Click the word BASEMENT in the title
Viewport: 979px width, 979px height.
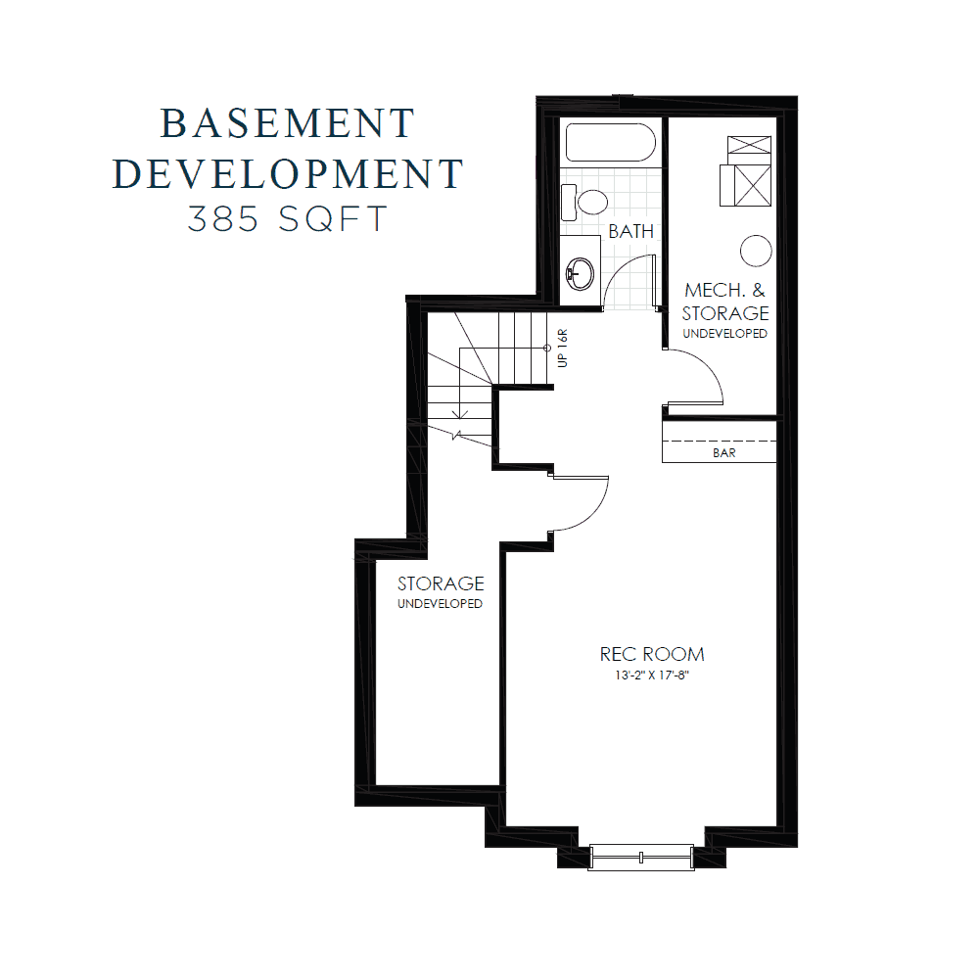[x=287, y=124]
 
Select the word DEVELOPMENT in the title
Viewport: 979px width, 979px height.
[x=287, y=173]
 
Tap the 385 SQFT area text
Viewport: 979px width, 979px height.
[x=287, y=219]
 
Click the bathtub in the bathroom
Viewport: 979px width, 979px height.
[x=610, y=143]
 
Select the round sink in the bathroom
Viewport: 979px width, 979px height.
[x=582, y=270]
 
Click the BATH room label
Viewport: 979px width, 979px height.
[x=630, y=232]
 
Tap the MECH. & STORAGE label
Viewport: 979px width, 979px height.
[x=725, y=302]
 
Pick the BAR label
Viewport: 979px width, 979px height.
[x=725, y=453]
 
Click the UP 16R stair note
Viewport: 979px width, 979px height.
[x=562, y=348]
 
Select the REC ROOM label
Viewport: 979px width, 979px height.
[x=652, y=654]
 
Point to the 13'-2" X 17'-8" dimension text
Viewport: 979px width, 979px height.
[x=652, y=676]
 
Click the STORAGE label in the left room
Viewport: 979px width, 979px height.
[x=441, y=584]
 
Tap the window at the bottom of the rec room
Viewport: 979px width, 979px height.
[x=641, y=858]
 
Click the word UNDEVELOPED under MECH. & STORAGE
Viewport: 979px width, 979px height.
[x=725, y=334]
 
